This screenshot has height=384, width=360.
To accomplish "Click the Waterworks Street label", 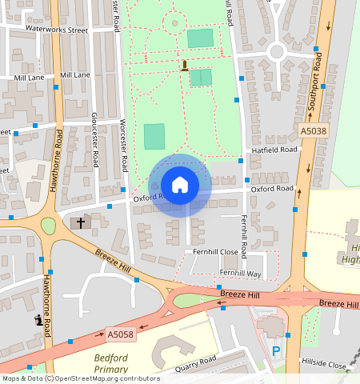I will tap(56, 29).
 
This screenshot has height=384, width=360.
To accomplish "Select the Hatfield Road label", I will tap(274, 150).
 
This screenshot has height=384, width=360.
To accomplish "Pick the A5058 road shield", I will tap(119, 334).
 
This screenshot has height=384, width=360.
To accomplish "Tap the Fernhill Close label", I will tap(215, 251).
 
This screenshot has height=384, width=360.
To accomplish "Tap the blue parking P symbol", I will tap(277, 350).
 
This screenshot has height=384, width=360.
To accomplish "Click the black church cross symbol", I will tap(80, 222).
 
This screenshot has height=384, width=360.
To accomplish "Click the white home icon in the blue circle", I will tap(180, 185).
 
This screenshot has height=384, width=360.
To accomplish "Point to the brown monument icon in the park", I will tap(185, 66).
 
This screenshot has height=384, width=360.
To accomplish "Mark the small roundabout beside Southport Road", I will tap(277, 52).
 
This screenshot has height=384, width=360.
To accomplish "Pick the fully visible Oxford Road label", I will tap(271, 190).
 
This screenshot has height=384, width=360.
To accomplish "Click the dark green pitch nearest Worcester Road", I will tap(154, 136).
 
